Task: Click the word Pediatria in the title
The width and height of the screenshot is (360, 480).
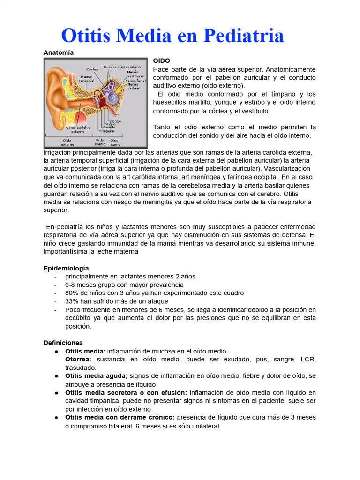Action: pos(236,35)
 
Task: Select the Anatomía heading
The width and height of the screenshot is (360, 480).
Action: pos(59,52)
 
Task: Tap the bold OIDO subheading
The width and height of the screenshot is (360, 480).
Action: pos(161,61)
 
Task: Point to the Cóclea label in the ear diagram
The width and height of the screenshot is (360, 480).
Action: pos(92,69)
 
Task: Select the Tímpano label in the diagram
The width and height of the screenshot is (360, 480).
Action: pos(106,131)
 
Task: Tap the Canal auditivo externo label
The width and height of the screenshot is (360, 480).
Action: pos(78,129)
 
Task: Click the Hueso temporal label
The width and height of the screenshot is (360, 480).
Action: pos(87,79)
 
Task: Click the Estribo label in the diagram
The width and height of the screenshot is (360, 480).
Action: pos(115,121)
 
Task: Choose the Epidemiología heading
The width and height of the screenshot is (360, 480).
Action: pos(66,268)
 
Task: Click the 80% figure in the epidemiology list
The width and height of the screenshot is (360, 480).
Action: pos(72,293)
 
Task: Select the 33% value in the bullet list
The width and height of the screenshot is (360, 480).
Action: pos(72,301)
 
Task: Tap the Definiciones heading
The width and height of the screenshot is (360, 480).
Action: pos(63,343)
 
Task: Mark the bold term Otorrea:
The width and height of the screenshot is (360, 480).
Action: pos(78,360)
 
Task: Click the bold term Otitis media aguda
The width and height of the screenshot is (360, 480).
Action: pos(95,376)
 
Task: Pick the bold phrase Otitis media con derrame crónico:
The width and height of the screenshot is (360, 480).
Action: pos(120,417)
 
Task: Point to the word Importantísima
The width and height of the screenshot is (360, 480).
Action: pos(67,251)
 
